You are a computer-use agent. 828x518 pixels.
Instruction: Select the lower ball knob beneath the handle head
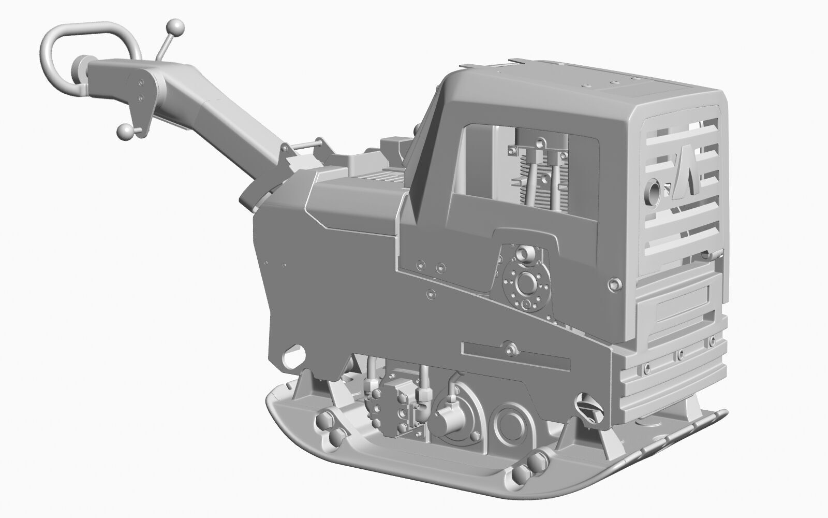[x=125, y=132]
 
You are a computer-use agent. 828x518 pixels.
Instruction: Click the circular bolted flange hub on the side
[x=527, y=283]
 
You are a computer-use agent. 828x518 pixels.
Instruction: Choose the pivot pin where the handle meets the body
[x=305, y=147]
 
